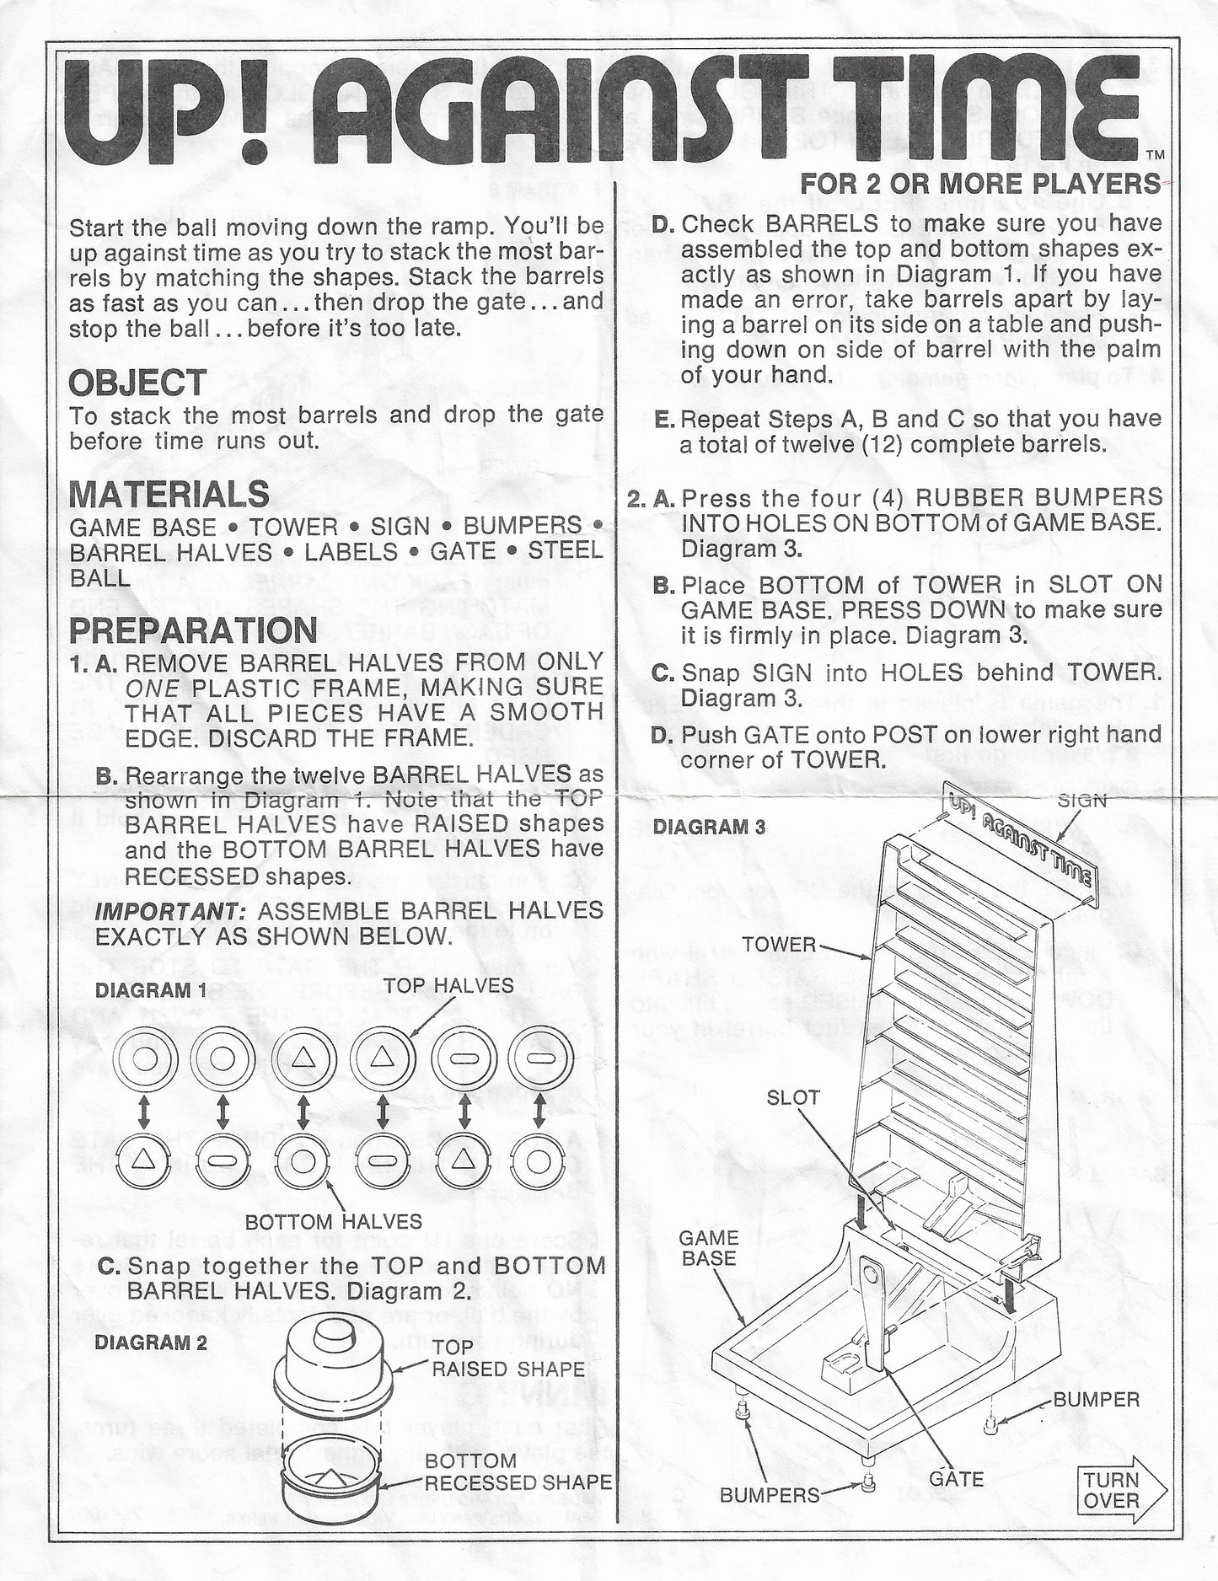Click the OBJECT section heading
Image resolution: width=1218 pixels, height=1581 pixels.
(x=137, y=383)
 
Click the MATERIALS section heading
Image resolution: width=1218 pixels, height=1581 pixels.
(x=169, y=494)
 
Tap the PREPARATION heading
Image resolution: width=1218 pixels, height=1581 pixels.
(x=193, y=630)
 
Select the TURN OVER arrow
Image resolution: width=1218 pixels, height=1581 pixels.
(x=1120, y=1490)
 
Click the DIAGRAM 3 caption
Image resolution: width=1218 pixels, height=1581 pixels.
(x=710, y=827)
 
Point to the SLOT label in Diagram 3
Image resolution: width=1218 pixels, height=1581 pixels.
(x=793, y=1096)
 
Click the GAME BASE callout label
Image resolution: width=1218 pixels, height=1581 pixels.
(x=709, y=1248)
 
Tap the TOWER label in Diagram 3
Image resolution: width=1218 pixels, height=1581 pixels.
(x=780, y=945)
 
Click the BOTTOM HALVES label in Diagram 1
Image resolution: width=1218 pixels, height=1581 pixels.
(x=334, y=1221)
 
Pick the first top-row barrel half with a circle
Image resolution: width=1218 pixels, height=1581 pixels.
(x=145, y=1059)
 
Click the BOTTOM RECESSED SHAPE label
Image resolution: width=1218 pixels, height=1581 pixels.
(x=518, y=1471)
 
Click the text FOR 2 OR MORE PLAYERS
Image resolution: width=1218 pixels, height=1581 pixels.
(x=979, y=183)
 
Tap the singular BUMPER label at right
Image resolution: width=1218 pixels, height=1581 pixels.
(x=1096, y=1400)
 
